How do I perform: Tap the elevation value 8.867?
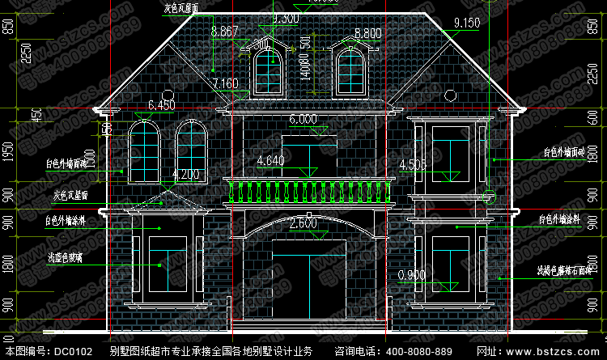[x=223, y=32]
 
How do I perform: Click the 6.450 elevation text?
[x=162, y=105]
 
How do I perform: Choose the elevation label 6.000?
[x=303, y=119]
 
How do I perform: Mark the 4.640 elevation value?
[x=270, y=161]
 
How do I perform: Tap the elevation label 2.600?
[x=303, y=222]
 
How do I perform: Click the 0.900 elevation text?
[x=412, y=274]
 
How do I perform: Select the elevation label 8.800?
[x=367, y=33]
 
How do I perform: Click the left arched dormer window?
[x=267, y=70]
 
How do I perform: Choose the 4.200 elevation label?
[x=185, y=174]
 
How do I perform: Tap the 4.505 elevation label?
[x=413, y=166]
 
